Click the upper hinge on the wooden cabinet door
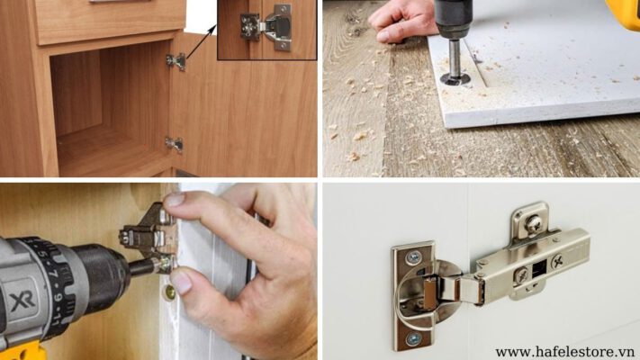(x=176, y=61)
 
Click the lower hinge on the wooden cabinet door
(x=175, y=145)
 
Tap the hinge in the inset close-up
(x=266, y=27)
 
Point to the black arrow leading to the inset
(x=201, y=41)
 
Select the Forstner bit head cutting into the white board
(x=455, y=78)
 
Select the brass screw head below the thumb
(x=169, y=292)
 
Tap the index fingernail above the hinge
(x=175, y=199)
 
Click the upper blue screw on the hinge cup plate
(x=414, y=257)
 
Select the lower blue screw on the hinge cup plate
(x=414, y=338)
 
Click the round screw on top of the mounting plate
(x=534, y=224)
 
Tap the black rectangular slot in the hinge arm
(x=539, y=269)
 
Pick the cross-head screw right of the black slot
(x=557, y=261)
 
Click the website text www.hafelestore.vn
(x=565, y=352)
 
